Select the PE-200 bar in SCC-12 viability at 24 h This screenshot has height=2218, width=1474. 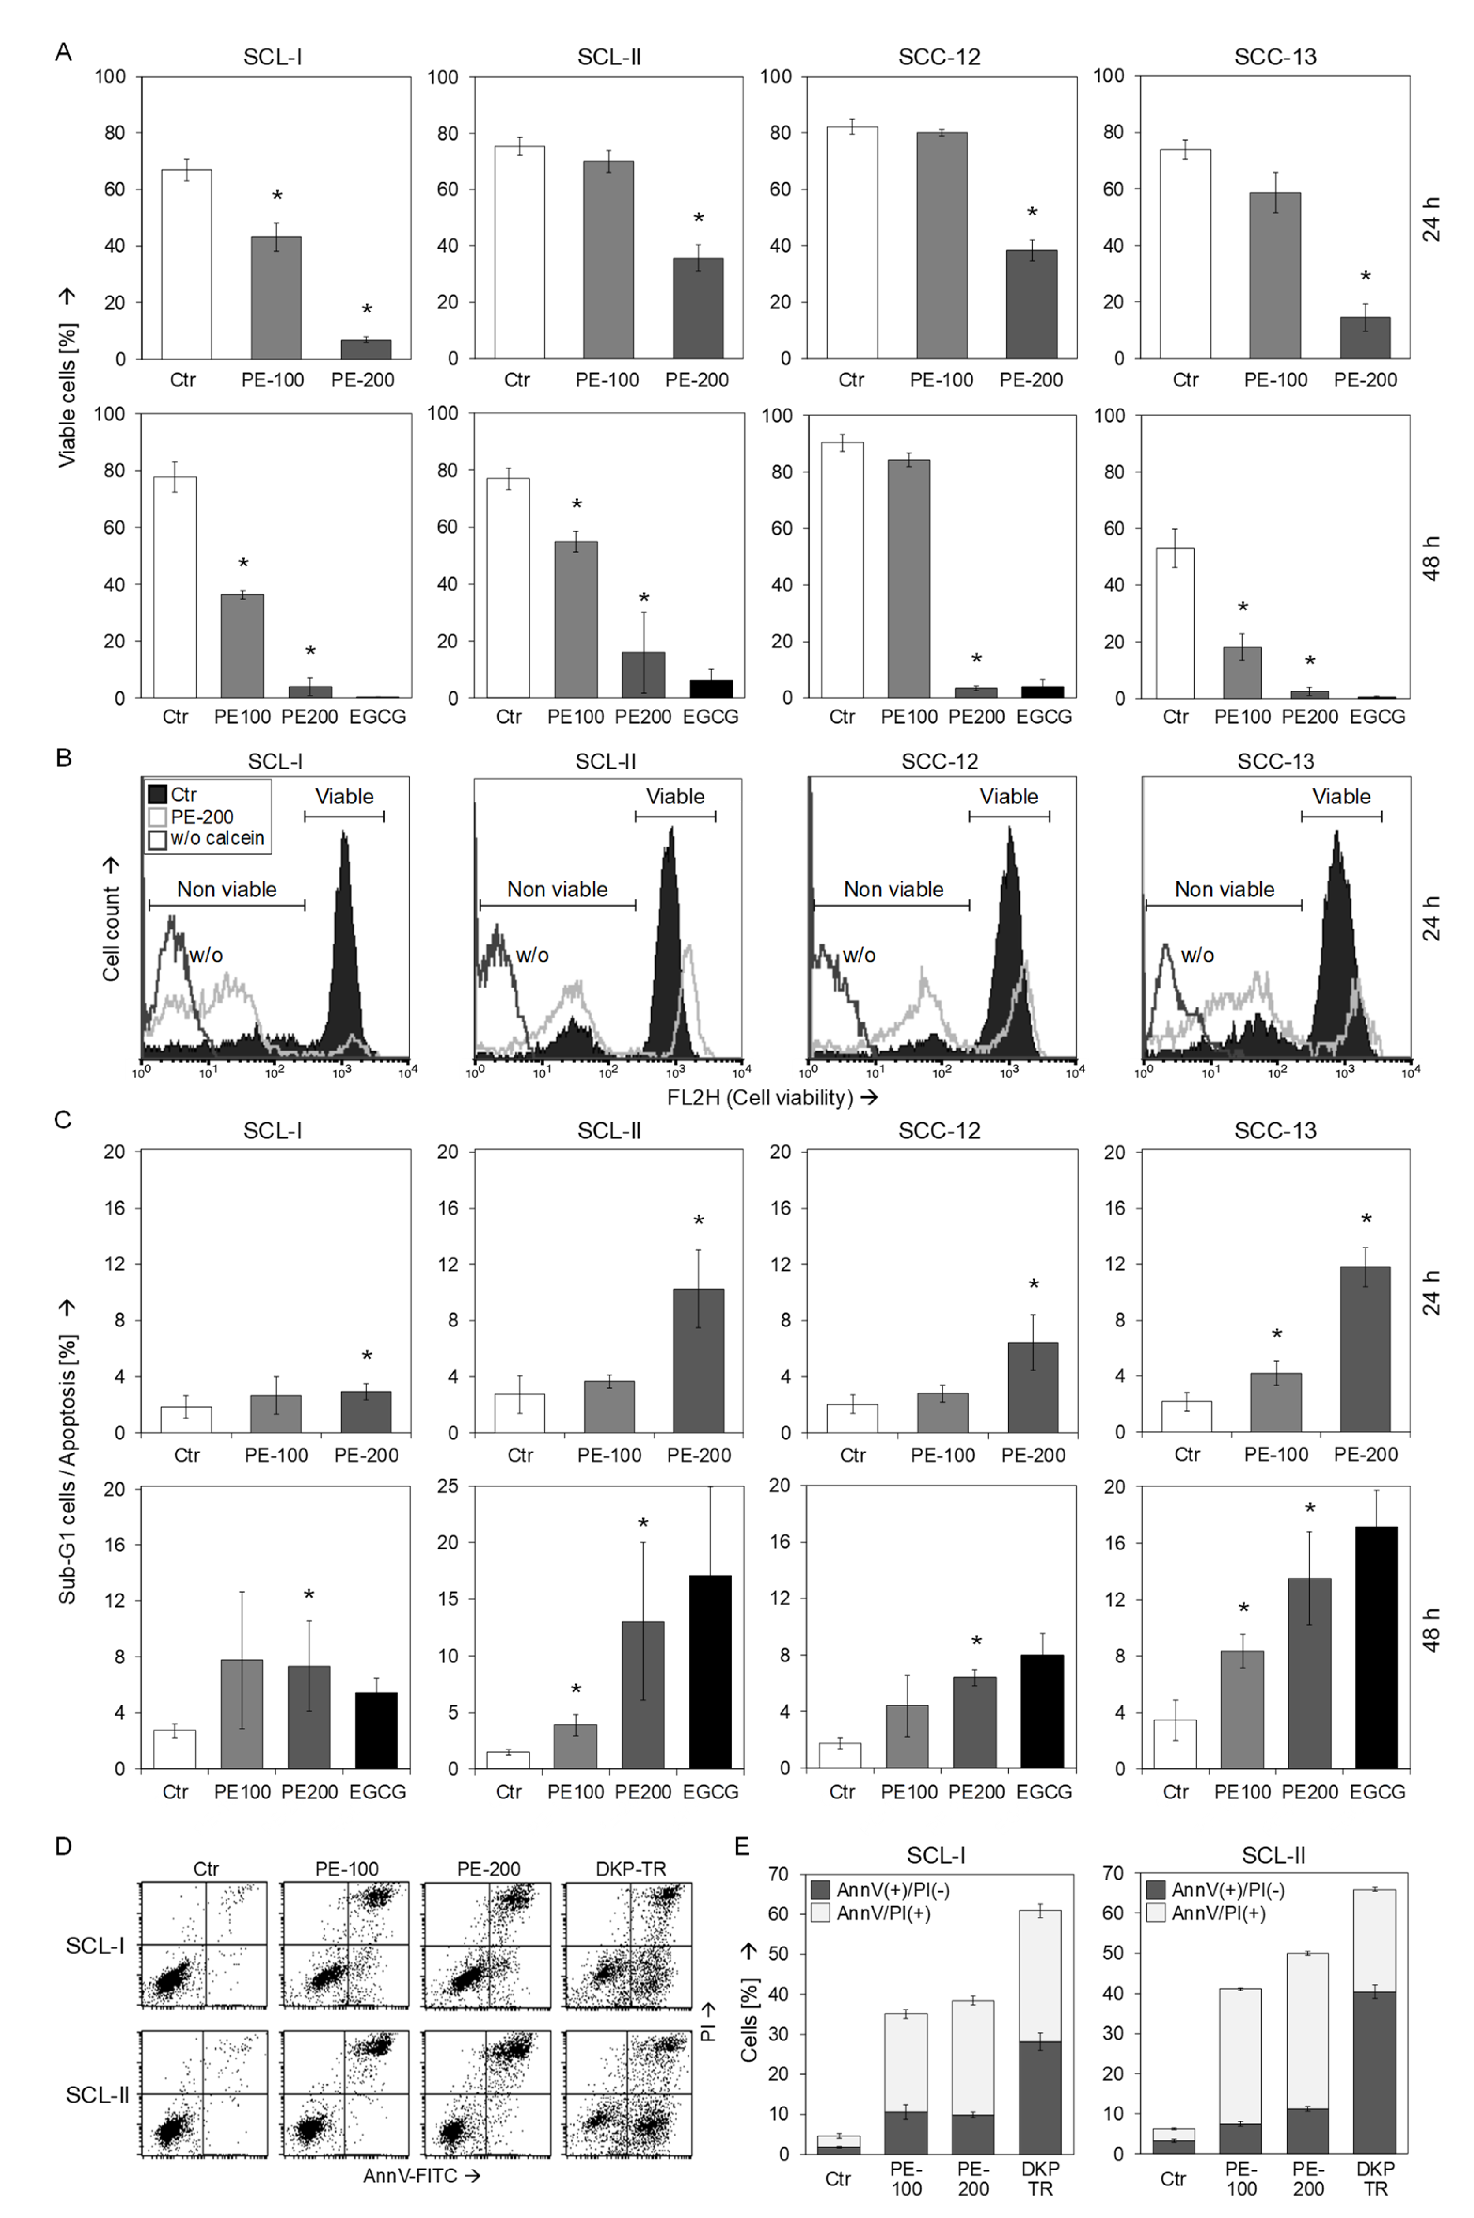pos(1031,304)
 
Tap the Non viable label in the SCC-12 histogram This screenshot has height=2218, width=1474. pos(893,889)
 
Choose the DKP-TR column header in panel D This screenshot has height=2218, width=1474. pos(631,1869)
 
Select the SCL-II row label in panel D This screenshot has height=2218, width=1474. pos(97,2095)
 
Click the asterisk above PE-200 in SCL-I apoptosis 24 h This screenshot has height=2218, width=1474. pos(367,1356)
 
